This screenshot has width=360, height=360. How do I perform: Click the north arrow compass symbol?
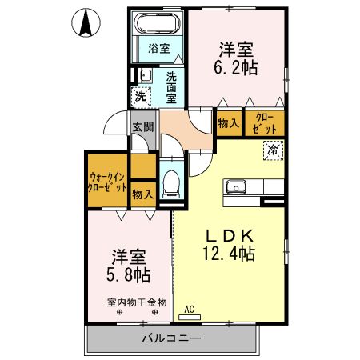[x=85, y=22]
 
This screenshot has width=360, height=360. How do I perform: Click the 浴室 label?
[x=158, y=48]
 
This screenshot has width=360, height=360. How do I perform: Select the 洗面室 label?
[x=172, y=87]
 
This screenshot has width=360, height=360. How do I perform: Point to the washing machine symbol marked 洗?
[x=140, y=96]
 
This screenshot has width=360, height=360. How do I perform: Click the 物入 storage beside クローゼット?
[x=228, y=122]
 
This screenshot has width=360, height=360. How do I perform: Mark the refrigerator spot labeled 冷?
[x=272, y=150]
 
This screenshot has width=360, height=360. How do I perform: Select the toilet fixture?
[x=170, y=183]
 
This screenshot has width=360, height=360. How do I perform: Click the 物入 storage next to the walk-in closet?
[x=142, y=194]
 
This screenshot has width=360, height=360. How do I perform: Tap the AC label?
[x=190, y=308]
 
